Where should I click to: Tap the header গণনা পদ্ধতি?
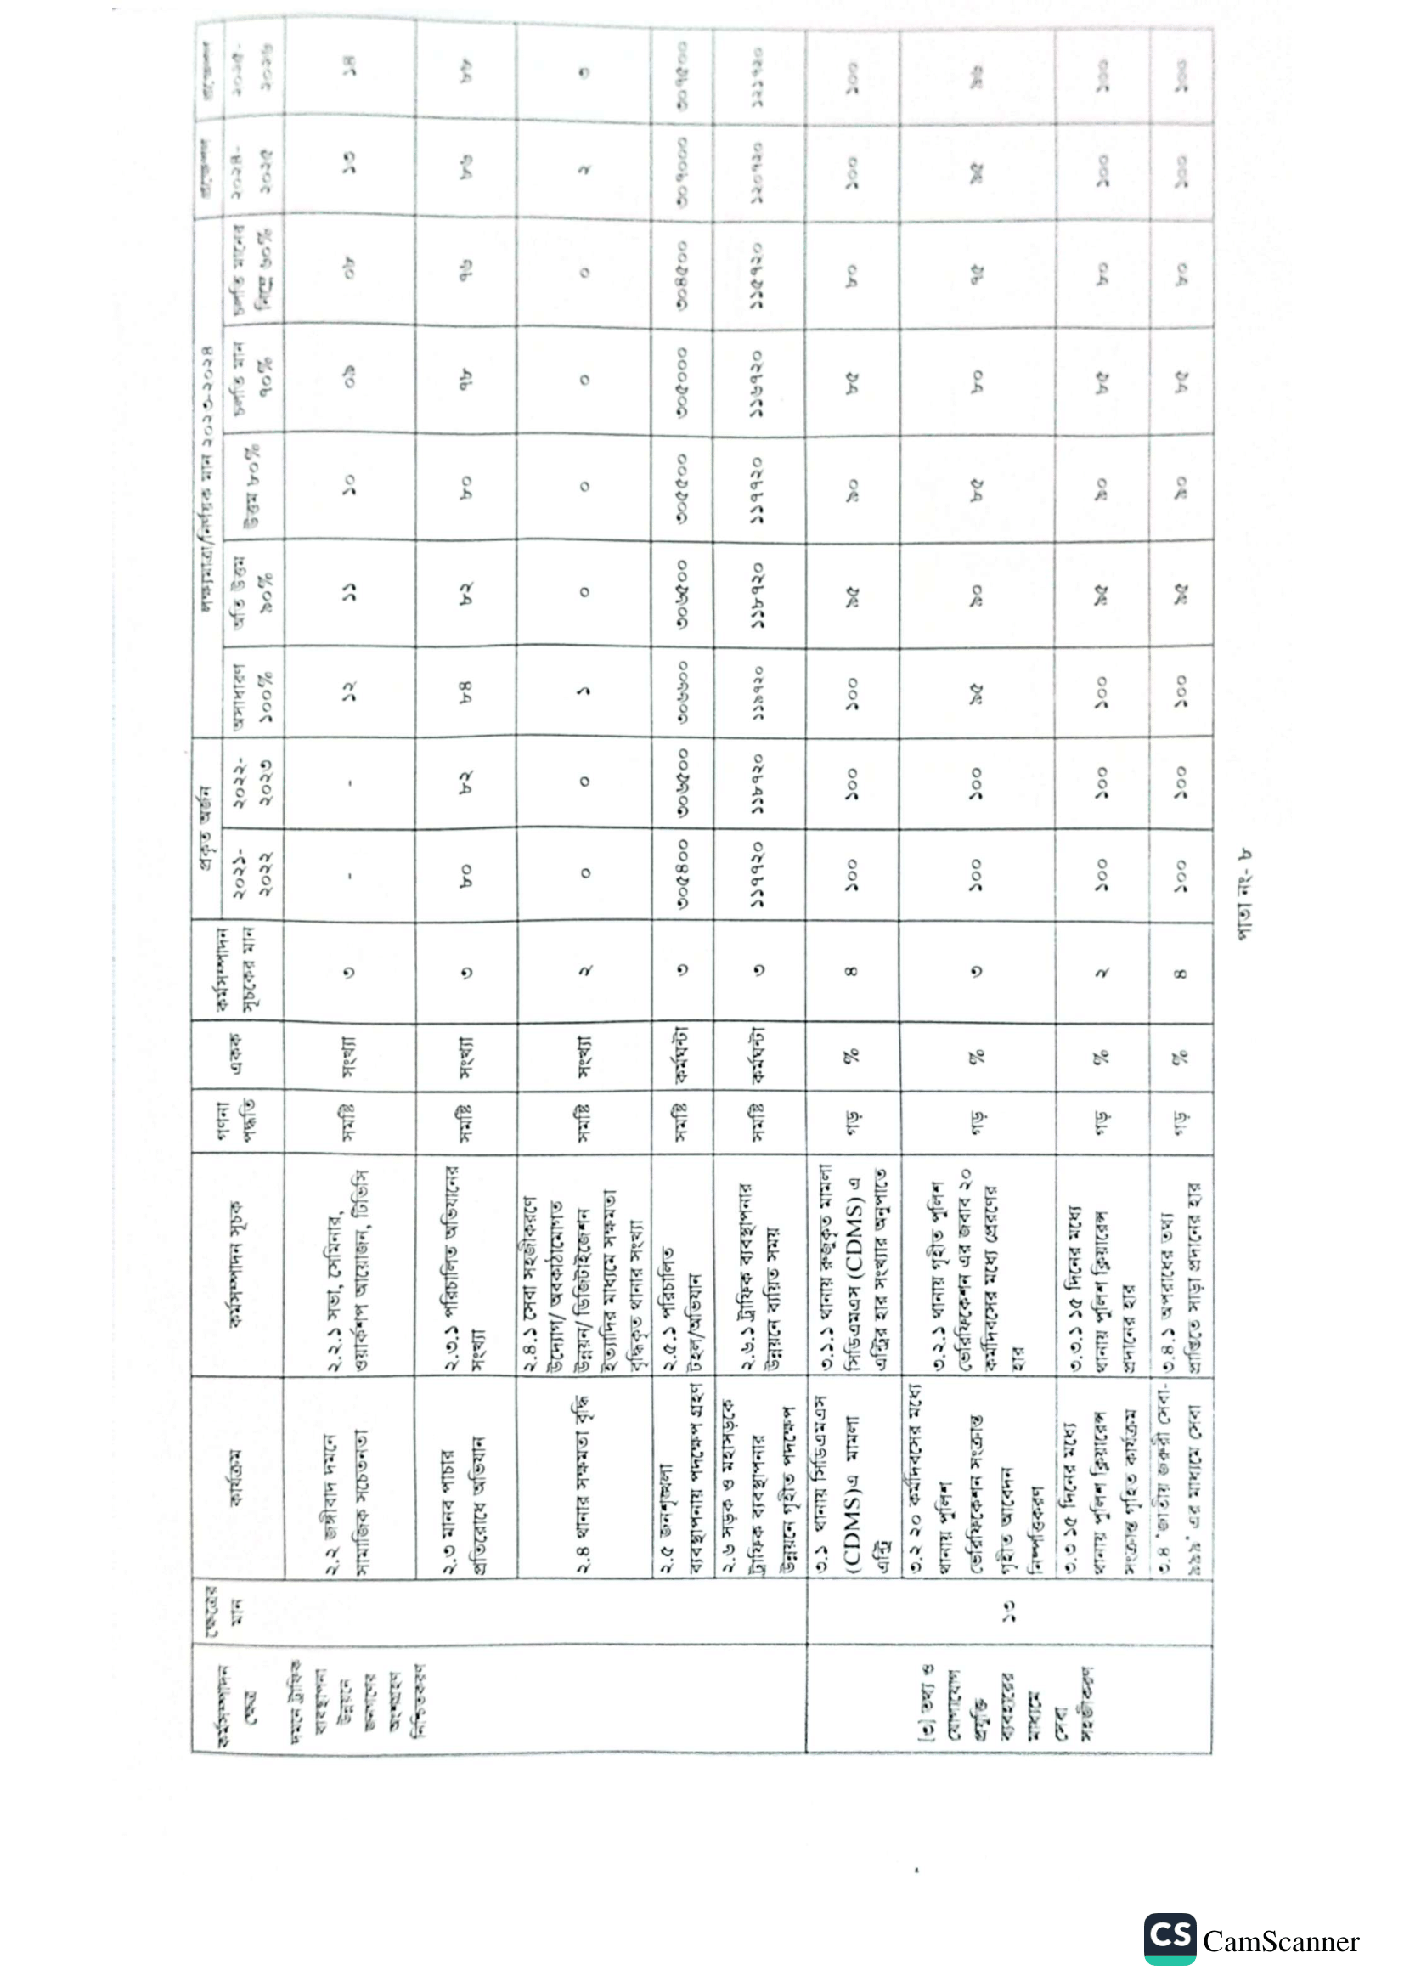(237, 1121)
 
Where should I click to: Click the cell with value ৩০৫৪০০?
(683, 874)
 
